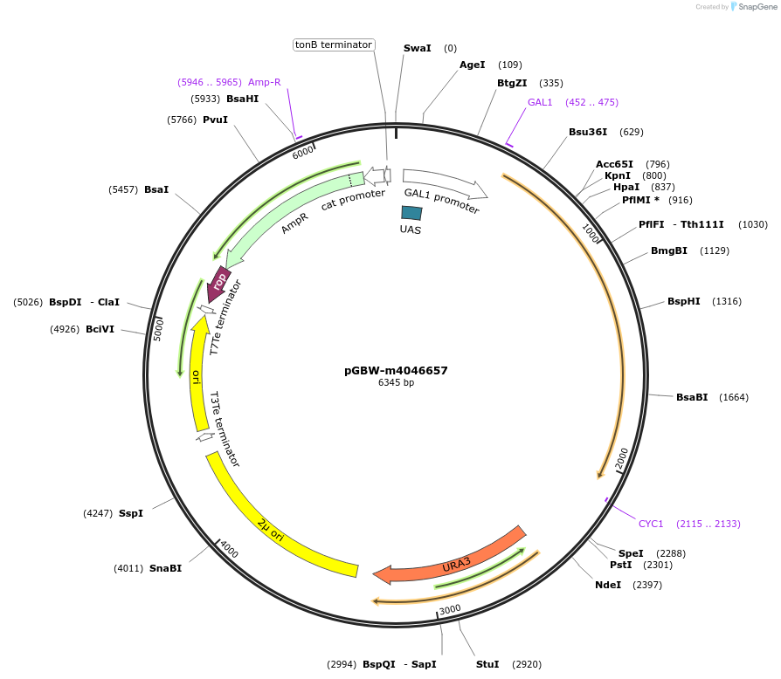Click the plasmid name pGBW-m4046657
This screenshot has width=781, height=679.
[396, 370]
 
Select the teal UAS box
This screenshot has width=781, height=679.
[411, 213]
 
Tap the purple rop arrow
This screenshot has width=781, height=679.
[219, 282]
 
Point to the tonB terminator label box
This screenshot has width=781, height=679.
[334, 45]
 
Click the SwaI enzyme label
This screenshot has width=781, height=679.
[417, 48]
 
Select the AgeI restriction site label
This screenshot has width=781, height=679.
[472, 65]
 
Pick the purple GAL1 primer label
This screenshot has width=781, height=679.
[540, 102]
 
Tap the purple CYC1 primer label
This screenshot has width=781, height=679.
[651, 524]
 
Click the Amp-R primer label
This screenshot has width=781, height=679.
[265, 82]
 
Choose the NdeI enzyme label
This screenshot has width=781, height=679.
[608, 584]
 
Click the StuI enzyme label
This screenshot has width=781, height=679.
[487, 664]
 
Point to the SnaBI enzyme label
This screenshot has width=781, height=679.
[165, 568]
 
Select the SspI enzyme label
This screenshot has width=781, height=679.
[131, 513]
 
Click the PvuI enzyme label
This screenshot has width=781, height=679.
[215, 119]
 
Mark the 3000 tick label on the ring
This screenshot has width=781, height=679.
[450, 609]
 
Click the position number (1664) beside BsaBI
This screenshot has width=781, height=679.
[734, 397]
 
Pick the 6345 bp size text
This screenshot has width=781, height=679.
[396, 382]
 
